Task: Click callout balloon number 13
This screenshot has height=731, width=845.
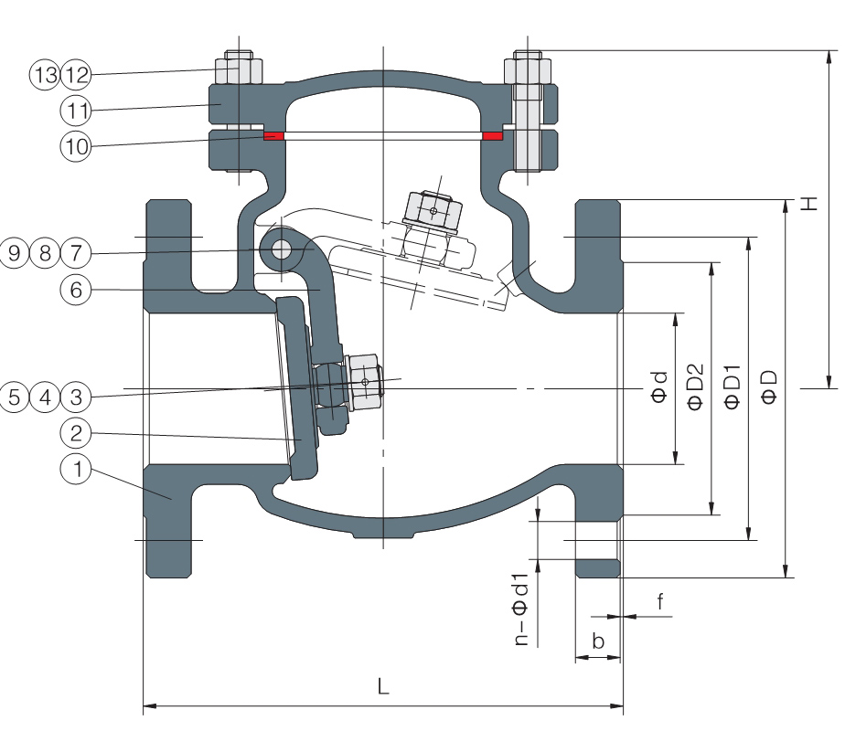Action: click(45, 74)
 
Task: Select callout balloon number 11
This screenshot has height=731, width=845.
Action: click(76, 111)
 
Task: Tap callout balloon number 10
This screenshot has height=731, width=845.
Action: click(76, 146)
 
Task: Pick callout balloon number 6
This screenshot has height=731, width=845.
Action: click(76, 290)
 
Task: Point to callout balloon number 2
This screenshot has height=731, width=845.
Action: click(76, 433)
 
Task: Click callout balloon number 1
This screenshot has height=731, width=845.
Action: click(76, 469)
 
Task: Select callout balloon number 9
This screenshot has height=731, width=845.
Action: click(14, 252)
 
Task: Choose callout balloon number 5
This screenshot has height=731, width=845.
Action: click(14, 397)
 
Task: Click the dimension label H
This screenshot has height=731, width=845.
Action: click(809, 204)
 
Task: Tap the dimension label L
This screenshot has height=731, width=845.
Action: click(383, 686)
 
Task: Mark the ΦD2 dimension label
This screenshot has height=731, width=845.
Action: click(696, 387)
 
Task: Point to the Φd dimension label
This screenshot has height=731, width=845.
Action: click(659, 387)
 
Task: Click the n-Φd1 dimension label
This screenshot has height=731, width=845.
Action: click(521, 609)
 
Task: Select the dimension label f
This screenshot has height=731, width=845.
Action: click(660, 601)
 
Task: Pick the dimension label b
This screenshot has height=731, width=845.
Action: click(598, 641)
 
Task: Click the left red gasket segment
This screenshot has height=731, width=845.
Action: click(273, 135)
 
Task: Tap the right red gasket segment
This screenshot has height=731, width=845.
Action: click(493, 135)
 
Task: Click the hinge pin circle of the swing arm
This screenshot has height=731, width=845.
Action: click(281, 249)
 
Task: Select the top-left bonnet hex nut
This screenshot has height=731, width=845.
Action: click(239, 68)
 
